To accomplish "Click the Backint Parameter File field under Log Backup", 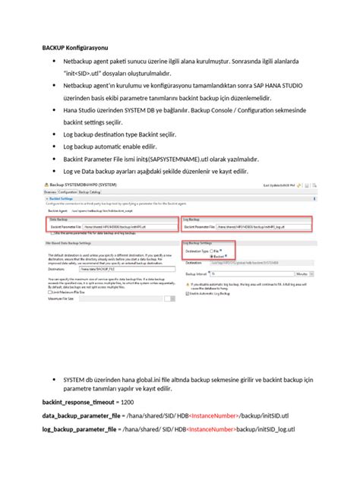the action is click(263, 226).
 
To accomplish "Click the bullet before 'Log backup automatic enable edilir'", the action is click(54, 146).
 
